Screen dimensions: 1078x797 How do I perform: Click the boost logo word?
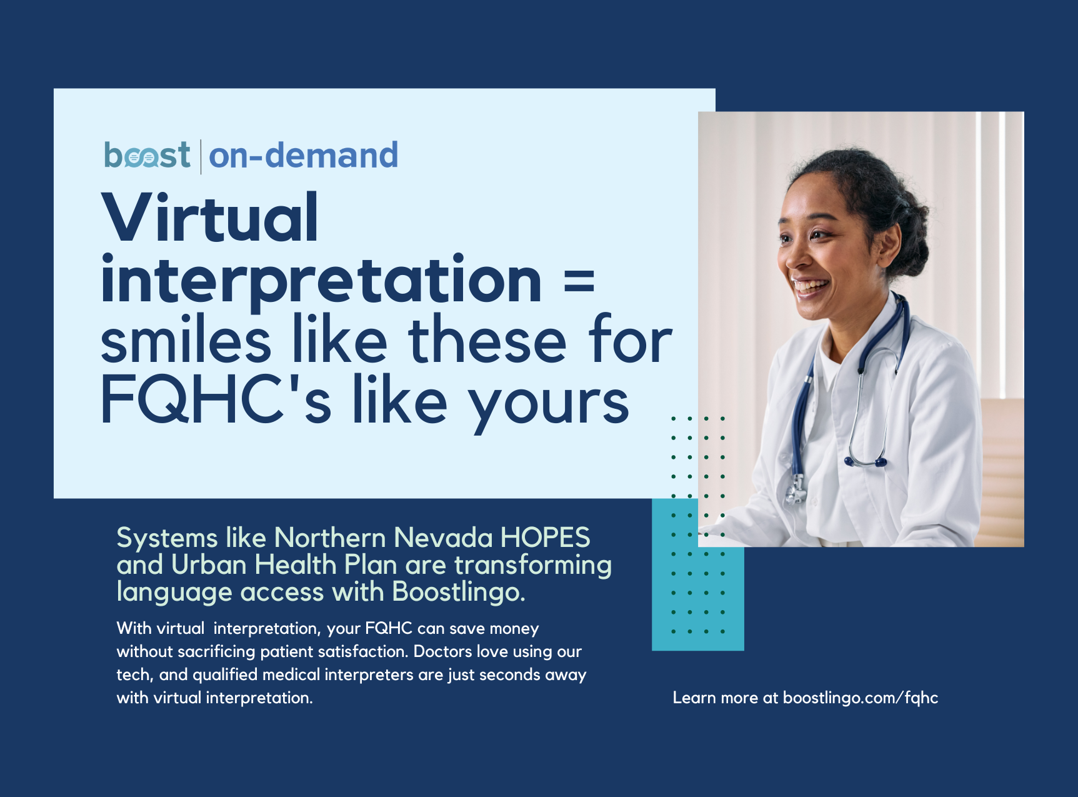coord(147,155)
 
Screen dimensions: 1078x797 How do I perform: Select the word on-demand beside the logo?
coord(304,155)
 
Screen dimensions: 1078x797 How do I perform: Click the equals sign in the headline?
coord(579,281)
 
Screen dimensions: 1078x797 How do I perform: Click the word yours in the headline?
coord(549,406)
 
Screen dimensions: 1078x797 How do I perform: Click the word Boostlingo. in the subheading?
coord(459,592)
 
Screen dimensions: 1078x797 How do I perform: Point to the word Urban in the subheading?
coord(209,564)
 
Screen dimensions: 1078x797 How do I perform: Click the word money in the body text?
coord(514,629)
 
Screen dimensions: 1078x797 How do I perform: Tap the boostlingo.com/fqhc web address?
coord(861,698)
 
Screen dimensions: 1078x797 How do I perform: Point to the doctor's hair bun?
coord(908,231)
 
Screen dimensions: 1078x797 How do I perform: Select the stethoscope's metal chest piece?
coord(796,490)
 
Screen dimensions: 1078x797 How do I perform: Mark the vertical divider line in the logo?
coord(201,157)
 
